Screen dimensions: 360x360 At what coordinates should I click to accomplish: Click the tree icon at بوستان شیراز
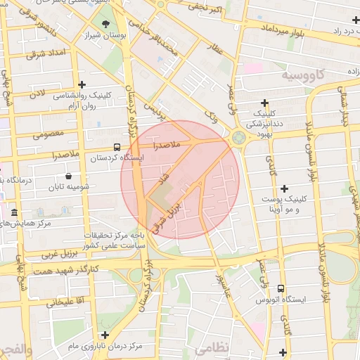click(x=105, y=23)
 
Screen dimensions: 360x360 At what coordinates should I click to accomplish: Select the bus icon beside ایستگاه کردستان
click(x=116, y=148)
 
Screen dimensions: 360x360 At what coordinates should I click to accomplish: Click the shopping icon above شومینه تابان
click(x=68, y=176)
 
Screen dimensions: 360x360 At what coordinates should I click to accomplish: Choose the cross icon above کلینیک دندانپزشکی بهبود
click(x=264, y=103)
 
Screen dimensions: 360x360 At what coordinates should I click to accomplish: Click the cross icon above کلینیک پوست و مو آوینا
click(x=284, y=188)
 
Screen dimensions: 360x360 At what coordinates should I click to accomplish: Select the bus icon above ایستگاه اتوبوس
click(x=281, y=288)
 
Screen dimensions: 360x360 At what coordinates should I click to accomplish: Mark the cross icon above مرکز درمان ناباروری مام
click(x=105, y=335)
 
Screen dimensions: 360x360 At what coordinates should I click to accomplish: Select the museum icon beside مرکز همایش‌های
click(x=15, y=212)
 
